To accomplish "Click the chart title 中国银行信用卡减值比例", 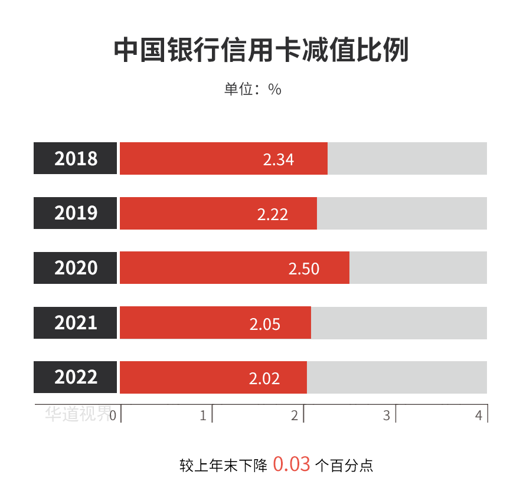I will pyautogui.click(x=261, y=51).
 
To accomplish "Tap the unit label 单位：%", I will pyautogui.click(x=253, y=89).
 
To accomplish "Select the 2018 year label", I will pyautogui.click(x=76, y=159).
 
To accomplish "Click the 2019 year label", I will pyautogui.click(x=76, y=213).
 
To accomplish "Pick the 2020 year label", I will pyautogui.click(x=76, y=268).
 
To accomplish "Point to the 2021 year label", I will pyautogui.click(x=76, y=323).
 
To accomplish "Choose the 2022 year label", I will pyautogui.click(x=76, y=377).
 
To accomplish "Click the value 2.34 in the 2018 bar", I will pyautogui.click(x=279, y=159).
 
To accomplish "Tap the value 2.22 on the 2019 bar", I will pyautogui.click(x=273, y=214).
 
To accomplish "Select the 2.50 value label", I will pyautogui.click(x=303, y=269).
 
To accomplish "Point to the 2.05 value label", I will pyautogui.click(x=264, y=324).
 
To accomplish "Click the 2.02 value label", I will pyautogui.click(x=264, y=378).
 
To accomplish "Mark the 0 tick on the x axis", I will pyautogui.click(x=112, y=415).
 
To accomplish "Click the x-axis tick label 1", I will pyautogui.click(x=203, y=415).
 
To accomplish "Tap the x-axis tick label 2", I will pyautogui.click(x=295, y=415).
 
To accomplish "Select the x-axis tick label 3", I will pyautogui.click(x=387, y=415).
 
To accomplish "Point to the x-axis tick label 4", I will pyautogui.click(x=479, y=415).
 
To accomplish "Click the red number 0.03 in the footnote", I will pyautogui.click(x=292, y=464).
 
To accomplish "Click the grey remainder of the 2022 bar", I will pyautogui.click(x=397, y=377).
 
